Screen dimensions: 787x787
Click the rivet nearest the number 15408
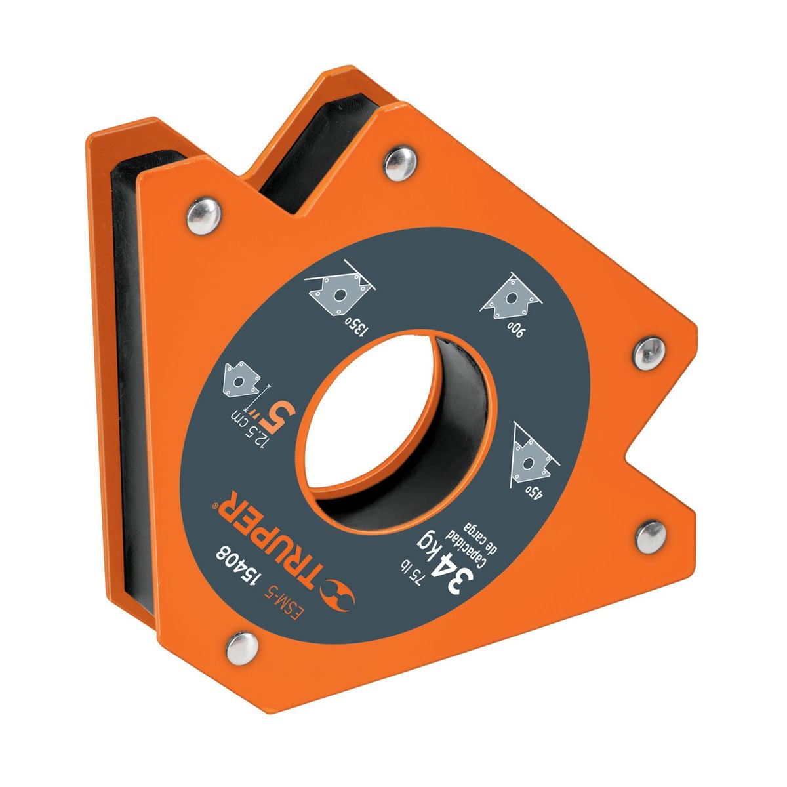tap(240, 646)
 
